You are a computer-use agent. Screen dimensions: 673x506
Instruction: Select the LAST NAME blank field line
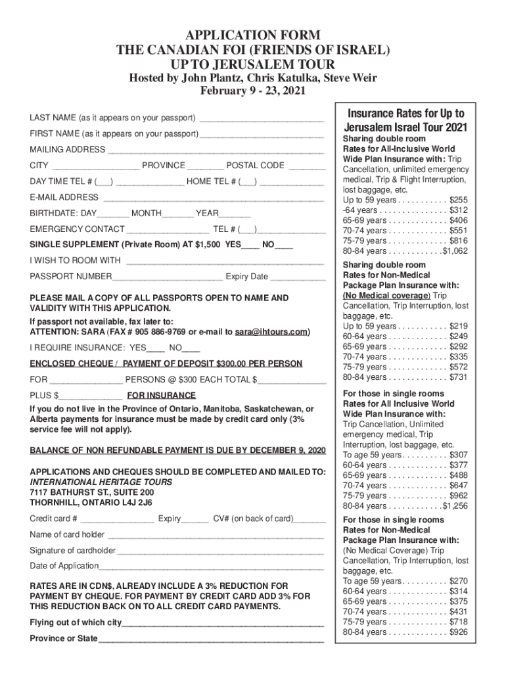pos(262,119)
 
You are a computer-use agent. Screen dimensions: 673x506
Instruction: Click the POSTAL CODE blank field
pos(307,167)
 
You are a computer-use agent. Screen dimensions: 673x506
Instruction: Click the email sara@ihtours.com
pos(271,332)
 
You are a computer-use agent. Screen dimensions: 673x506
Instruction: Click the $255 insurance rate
pos(459,199)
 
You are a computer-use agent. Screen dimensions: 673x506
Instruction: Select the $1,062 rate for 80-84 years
pos(455,251)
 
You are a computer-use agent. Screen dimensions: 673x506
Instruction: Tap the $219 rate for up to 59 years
pos(459,326)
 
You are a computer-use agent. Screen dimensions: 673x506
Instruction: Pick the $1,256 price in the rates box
pos(455,506)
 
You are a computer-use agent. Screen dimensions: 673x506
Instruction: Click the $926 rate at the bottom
pos(459,632)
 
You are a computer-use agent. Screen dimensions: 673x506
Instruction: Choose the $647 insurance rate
pos(459,486)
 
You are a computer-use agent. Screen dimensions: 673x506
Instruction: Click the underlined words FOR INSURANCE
pos(161,396)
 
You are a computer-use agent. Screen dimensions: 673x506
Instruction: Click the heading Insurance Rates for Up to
pos(405,113)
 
